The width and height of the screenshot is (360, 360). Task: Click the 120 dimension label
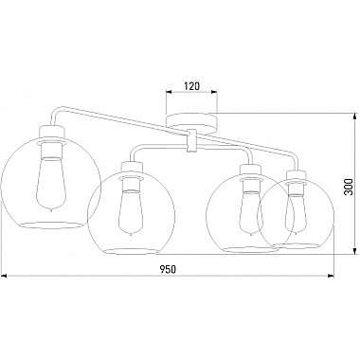tap(191, 86)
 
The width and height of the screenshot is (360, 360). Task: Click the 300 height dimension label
tap(348, 187)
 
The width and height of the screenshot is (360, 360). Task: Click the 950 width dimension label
tap(168, 269)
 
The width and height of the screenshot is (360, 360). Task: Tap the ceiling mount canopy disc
tap(191, 124)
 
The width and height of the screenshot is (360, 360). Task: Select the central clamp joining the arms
tap(191, 141)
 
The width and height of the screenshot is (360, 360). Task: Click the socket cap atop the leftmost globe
tap(52, 132)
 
